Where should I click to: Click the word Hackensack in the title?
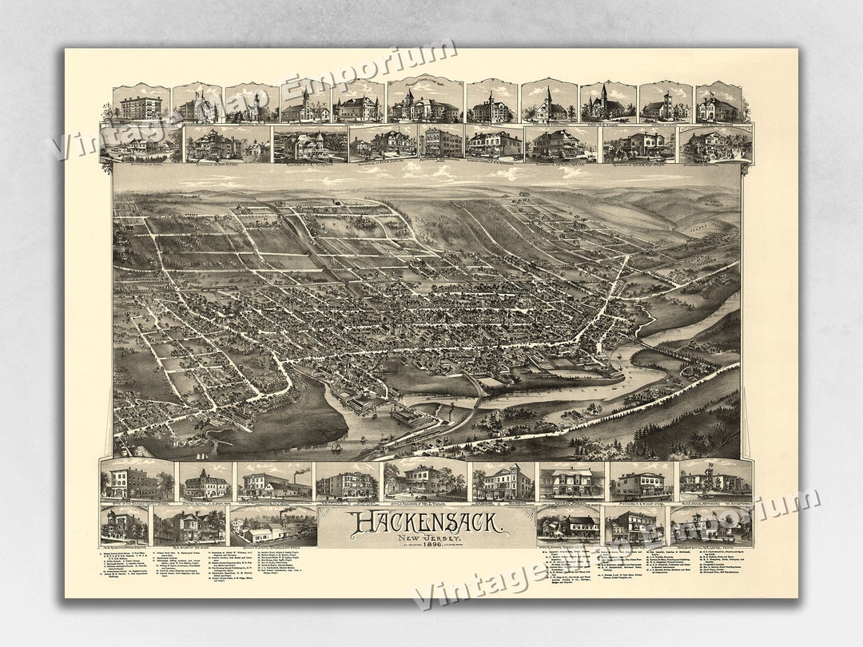coord(425,523)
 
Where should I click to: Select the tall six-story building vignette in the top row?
coord(141,103)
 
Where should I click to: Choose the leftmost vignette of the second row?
coord(141,144)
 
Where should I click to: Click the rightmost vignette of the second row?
coord(716,144)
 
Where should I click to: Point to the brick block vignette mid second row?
coord(440,143)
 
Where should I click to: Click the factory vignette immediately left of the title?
coord(273,526)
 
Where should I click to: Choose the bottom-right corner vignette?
coord(711,525)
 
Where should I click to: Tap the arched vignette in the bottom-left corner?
coord(124,525)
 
